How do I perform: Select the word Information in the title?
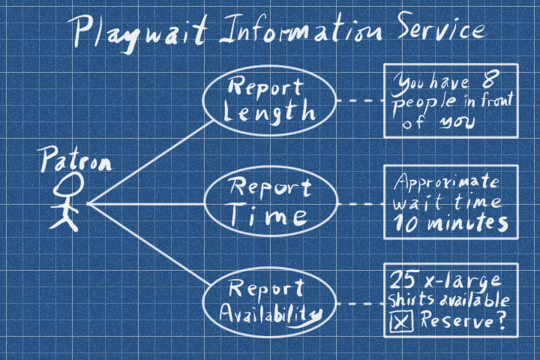click(x=288, y=31)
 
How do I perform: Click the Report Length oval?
click(x=271, y=100)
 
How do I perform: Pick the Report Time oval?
click(x=271, y=202)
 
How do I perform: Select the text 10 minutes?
click(x=448, y=223)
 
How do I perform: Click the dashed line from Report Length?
click(x=360, y=100)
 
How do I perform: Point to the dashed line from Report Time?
click(x=360, y=203)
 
